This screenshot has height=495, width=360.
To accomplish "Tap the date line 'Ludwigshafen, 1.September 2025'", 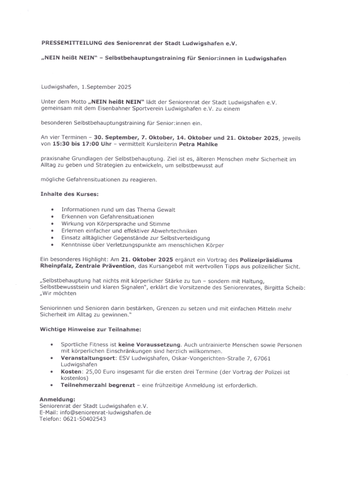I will click(86, 87).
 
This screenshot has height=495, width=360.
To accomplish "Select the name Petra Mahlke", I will click(199, 144).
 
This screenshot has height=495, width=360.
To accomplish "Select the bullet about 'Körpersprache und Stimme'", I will click(115, 224).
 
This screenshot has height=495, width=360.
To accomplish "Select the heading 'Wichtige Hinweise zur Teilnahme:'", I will click(90, 330).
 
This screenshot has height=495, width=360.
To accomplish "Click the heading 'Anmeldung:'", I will click(57, 399).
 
